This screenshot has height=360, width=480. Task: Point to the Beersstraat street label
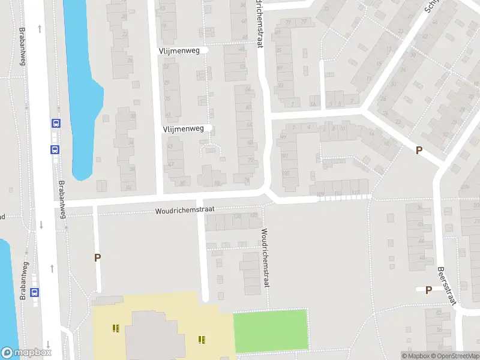[447, 286]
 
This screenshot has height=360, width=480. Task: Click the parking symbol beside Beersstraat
[428, 290]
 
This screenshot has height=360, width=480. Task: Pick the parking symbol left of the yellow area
[97, 257]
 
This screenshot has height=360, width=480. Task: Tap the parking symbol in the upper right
[419, 151]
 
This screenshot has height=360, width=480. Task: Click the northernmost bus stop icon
[56, 124]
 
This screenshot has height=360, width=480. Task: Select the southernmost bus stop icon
[35, 293]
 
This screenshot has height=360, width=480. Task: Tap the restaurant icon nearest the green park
[202, 340]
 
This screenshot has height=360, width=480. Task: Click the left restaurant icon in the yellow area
[115, 328]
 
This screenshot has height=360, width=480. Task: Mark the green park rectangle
[270, 331]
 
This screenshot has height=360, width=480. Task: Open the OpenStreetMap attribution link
[460, 356]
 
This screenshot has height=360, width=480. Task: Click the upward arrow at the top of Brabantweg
[40, 28]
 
